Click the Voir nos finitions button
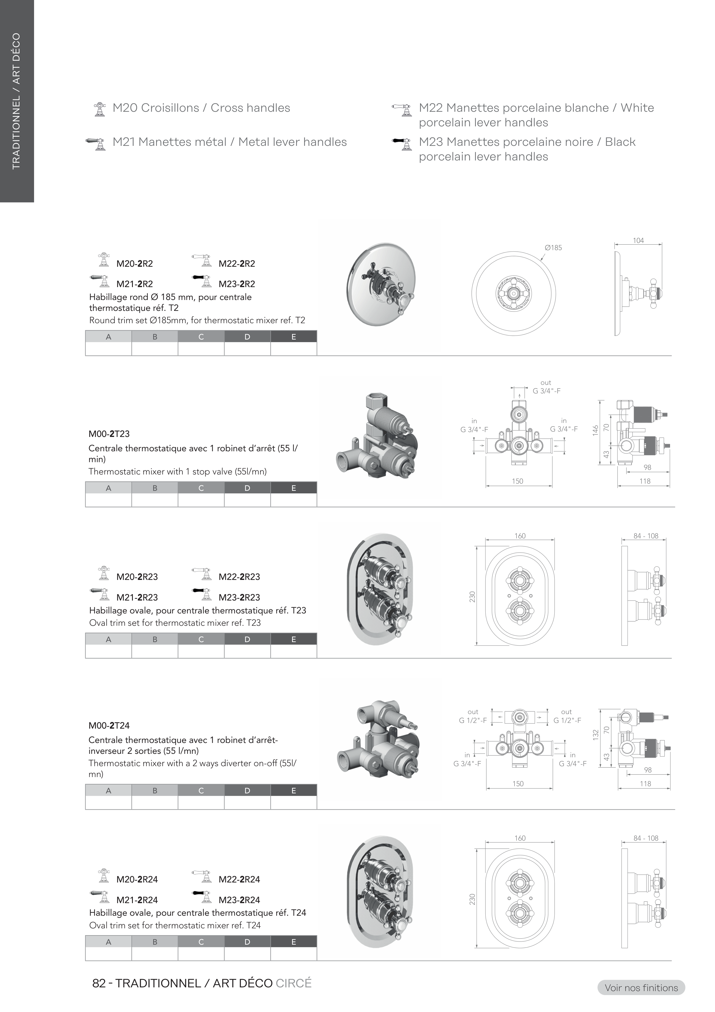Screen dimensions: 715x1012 (x=641, y=988)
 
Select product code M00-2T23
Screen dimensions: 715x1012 (x=109, y=434)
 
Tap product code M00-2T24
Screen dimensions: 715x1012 (x=109, y=725)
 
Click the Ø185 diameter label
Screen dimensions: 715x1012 (x=553, y=248)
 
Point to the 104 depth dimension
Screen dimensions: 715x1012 (x=638, y=241)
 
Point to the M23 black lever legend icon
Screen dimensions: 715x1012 (x=402, y=144)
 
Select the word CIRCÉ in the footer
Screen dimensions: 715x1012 (x=294, y=983)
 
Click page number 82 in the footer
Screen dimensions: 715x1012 (x=99, y=983)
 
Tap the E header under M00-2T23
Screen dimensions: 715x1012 (x=294, y=488)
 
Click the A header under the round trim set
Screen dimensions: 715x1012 (x=108, y=337)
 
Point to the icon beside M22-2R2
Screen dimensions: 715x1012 (x=202, y=260)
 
